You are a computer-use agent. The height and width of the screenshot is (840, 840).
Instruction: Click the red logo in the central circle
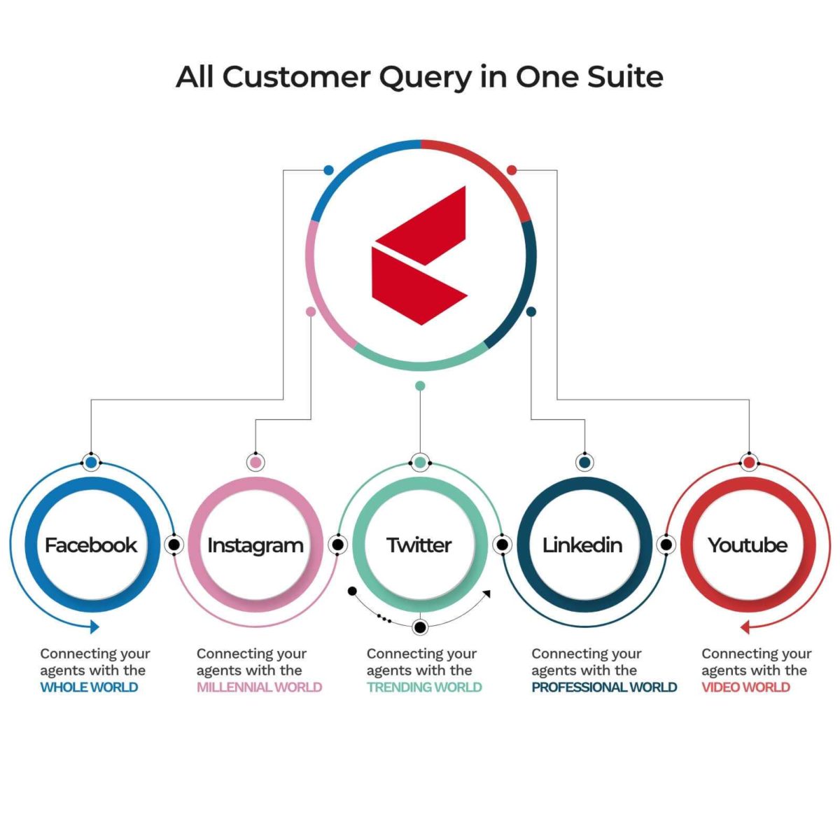coord(419,255)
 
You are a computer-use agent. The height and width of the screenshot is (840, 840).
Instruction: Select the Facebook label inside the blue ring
coord(91,545)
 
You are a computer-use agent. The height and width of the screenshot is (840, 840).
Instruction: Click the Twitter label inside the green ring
coord(419,545)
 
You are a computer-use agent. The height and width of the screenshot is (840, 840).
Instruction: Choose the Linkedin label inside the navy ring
coord(582,545)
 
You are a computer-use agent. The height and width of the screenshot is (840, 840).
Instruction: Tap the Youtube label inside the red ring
coord(748,545)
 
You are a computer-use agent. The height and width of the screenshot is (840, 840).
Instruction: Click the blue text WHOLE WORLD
coord(90,687)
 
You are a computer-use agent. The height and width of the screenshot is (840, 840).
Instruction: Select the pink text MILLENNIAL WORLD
coord(260,687)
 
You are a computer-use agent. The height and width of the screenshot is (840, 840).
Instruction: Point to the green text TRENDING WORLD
coord(424,687)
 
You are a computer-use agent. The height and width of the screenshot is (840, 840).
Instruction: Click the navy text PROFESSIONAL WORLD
coord(604,687)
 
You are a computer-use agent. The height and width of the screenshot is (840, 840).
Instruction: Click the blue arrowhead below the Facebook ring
coord(94,627)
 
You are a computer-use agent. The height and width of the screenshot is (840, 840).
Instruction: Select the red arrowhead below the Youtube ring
coord(745,628)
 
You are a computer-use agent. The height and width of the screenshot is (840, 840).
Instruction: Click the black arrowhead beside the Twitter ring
coord(487,594)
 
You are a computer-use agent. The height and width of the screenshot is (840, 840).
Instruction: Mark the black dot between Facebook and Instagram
coord(174,545)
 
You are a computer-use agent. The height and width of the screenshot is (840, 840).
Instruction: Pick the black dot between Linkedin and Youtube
coord(666,545)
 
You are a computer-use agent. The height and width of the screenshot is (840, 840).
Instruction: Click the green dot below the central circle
coord(420,386)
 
